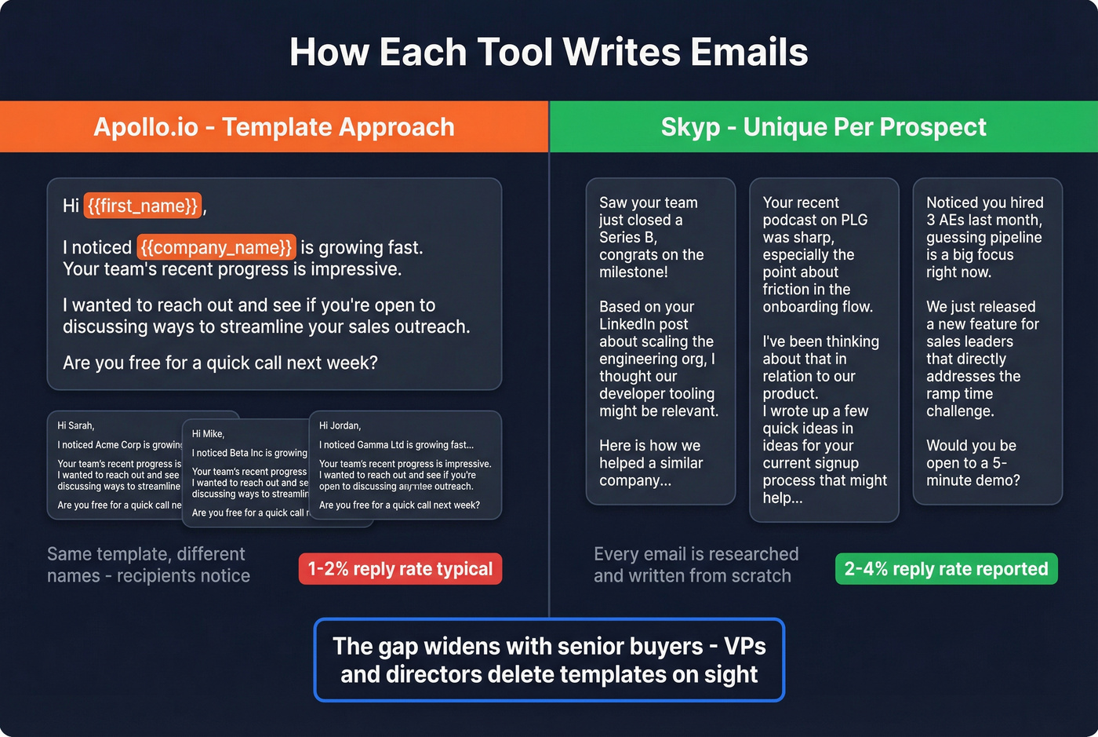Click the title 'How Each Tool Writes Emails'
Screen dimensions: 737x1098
coord(548,53)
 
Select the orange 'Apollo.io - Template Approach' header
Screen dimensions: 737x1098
coord(274,127)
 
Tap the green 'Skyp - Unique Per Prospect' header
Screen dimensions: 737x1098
coord(823,127)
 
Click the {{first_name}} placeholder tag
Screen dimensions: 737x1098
coord(143,206)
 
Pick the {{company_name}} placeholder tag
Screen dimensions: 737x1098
coord(216,247)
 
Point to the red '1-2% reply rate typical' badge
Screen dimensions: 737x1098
coord(400,569)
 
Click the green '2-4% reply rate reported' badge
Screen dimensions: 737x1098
coord(946,569)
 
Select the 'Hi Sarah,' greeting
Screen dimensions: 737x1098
coord(76,425)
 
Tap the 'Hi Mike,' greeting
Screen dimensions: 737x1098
coord(208,433)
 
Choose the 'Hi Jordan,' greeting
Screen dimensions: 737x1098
coord(340,425)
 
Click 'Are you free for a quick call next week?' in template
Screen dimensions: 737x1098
coord(220,363)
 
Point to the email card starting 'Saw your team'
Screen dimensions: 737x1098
coord(660,341)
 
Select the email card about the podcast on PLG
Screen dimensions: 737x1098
coord(823,350)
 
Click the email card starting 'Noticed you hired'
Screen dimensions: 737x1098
coord(987,341)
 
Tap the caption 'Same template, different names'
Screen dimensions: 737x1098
coord(148,564)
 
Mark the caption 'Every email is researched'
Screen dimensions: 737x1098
coord(696,564)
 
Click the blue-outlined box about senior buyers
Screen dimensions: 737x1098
coord(549,660)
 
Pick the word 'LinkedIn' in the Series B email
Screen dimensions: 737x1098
coord(632,324)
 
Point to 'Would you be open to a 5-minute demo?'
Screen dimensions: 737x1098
coord(973,463)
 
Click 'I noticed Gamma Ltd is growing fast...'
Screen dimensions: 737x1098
coord(396,445)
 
